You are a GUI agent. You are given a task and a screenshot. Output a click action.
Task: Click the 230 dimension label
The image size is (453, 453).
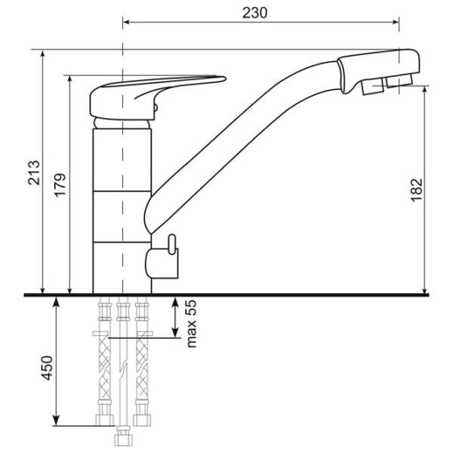255,13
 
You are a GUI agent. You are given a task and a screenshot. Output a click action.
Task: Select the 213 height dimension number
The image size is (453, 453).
34,172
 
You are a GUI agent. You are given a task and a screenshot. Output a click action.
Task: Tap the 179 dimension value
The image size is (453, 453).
60,185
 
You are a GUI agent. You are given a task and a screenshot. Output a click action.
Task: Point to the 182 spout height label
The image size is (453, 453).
417,190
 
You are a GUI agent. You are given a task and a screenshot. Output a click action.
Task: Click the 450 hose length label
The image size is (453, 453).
47,368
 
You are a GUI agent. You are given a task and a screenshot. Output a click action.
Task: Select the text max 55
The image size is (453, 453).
191,324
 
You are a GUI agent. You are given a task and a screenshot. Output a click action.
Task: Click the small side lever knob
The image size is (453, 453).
172,245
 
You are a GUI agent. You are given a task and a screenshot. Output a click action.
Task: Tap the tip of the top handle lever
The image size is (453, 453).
225,78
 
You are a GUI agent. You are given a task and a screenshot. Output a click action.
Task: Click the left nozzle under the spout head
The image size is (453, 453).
372,87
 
